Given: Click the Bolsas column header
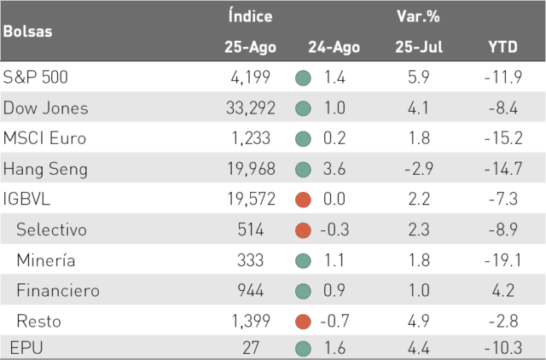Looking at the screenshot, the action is pos(28,32).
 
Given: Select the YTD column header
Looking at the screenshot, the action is pos(502,47).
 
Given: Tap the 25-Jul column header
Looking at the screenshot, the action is pos(419,47).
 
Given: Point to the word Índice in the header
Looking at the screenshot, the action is pos(250,15).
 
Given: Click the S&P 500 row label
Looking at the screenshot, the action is pos(35,77).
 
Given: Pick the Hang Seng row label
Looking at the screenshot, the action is pos(45,170).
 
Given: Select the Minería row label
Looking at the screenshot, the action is pos(46,260).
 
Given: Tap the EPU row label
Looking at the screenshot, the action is pos(26,348).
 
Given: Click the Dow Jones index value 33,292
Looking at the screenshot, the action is pos(251,108).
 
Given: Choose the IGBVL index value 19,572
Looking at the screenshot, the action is pos(252,199).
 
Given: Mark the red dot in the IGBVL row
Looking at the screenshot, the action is pos(303,200).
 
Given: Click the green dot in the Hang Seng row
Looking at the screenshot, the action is pos(303,170).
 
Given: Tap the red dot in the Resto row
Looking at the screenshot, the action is pos(303,322).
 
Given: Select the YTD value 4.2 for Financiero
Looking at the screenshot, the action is pos(503,290).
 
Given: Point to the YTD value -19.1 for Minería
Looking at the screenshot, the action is pos(502,260).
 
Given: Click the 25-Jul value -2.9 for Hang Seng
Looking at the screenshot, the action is pos(419,169).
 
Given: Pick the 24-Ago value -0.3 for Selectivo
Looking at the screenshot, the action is pos(334,229).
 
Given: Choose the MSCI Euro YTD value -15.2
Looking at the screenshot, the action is pos(503,138).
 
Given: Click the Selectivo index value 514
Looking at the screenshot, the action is pos(251,229).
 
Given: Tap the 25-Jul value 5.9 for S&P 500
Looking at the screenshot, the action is pos(419,77).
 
